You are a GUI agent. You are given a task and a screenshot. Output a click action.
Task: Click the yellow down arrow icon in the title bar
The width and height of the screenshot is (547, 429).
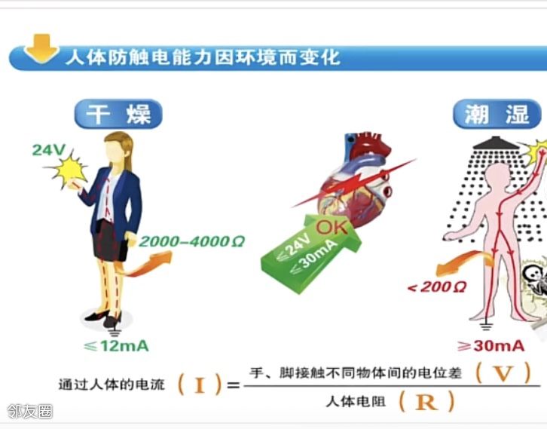(42, 48)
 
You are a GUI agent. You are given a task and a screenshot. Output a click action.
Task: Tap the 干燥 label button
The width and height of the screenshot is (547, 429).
(118, 114)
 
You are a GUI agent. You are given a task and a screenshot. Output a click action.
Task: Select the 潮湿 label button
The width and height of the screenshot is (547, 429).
(497, 114)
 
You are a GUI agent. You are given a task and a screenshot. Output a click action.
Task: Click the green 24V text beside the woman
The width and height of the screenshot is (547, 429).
(49, 150)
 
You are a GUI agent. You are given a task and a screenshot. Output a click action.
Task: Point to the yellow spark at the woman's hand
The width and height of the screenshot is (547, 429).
(69, 170)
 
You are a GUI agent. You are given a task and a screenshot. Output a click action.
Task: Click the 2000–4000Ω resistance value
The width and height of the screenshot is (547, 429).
(192, 241)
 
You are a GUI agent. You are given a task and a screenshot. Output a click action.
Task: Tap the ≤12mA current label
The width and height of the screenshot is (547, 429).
(117, 346)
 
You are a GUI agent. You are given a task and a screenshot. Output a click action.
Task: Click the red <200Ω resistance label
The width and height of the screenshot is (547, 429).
(437, 287)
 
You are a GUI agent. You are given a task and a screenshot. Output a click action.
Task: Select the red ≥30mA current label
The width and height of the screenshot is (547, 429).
(491, 346)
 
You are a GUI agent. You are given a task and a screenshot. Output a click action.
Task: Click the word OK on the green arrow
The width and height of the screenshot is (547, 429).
(332, 227)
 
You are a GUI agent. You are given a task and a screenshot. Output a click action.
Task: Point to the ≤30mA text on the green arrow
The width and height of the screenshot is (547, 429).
(314, 256)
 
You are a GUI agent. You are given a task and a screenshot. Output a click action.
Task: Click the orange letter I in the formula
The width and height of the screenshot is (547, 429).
(200, 385)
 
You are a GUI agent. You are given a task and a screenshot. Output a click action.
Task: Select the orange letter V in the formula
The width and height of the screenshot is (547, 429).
(503, 373)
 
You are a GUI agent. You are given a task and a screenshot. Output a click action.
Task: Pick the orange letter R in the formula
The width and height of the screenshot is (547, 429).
(426, 402)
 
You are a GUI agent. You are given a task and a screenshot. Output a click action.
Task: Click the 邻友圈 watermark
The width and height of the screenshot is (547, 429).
(29, 412)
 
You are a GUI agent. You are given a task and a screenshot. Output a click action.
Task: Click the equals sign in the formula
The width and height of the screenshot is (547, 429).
(233, 385)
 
